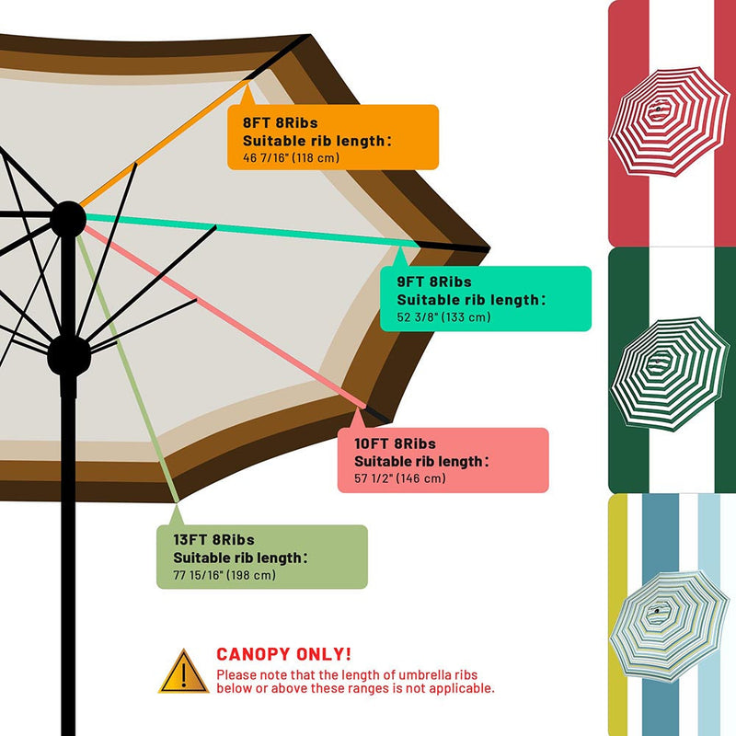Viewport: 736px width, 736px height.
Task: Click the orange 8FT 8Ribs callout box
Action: pyautogui.click(x=333, y=137)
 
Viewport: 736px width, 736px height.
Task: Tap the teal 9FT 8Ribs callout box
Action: pyautogui.click(x=486, y=298)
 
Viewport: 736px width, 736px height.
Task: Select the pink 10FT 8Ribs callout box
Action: pyautogui.click(x=443, y=460)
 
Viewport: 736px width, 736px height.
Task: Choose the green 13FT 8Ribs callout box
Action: pyautogui.click(x=262, y=557)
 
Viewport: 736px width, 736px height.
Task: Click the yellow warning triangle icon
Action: pyautogui.click(x=183, y=672)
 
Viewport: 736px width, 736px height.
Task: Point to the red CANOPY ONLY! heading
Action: pyautogui.click(x=283, y=654)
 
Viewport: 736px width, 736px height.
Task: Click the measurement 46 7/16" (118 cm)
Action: pyautogui.click(x=291, y=157)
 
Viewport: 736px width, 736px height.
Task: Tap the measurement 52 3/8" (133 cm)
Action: pyautogui.click(x=443, y=316)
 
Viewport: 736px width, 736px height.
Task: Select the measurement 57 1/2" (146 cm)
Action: pyautogui.click(x=400, y=478)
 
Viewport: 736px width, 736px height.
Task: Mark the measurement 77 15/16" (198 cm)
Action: pyautogui.click(x=224, y=575)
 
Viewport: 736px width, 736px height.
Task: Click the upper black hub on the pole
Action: pyautogui.click(x=68, y=219)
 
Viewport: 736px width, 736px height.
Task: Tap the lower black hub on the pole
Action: pyautogui.click(x=68, y=355)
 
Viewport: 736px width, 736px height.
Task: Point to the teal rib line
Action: pyautogui.click(x=252, y=230)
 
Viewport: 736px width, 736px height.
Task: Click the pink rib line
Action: pyautogui.click(x=224, y=316)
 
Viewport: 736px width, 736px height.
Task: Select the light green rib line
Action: pyautogui.click(x=128, y=369)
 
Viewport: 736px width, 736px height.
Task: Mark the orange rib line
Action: pyautogui.click(x=165, y=144)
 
